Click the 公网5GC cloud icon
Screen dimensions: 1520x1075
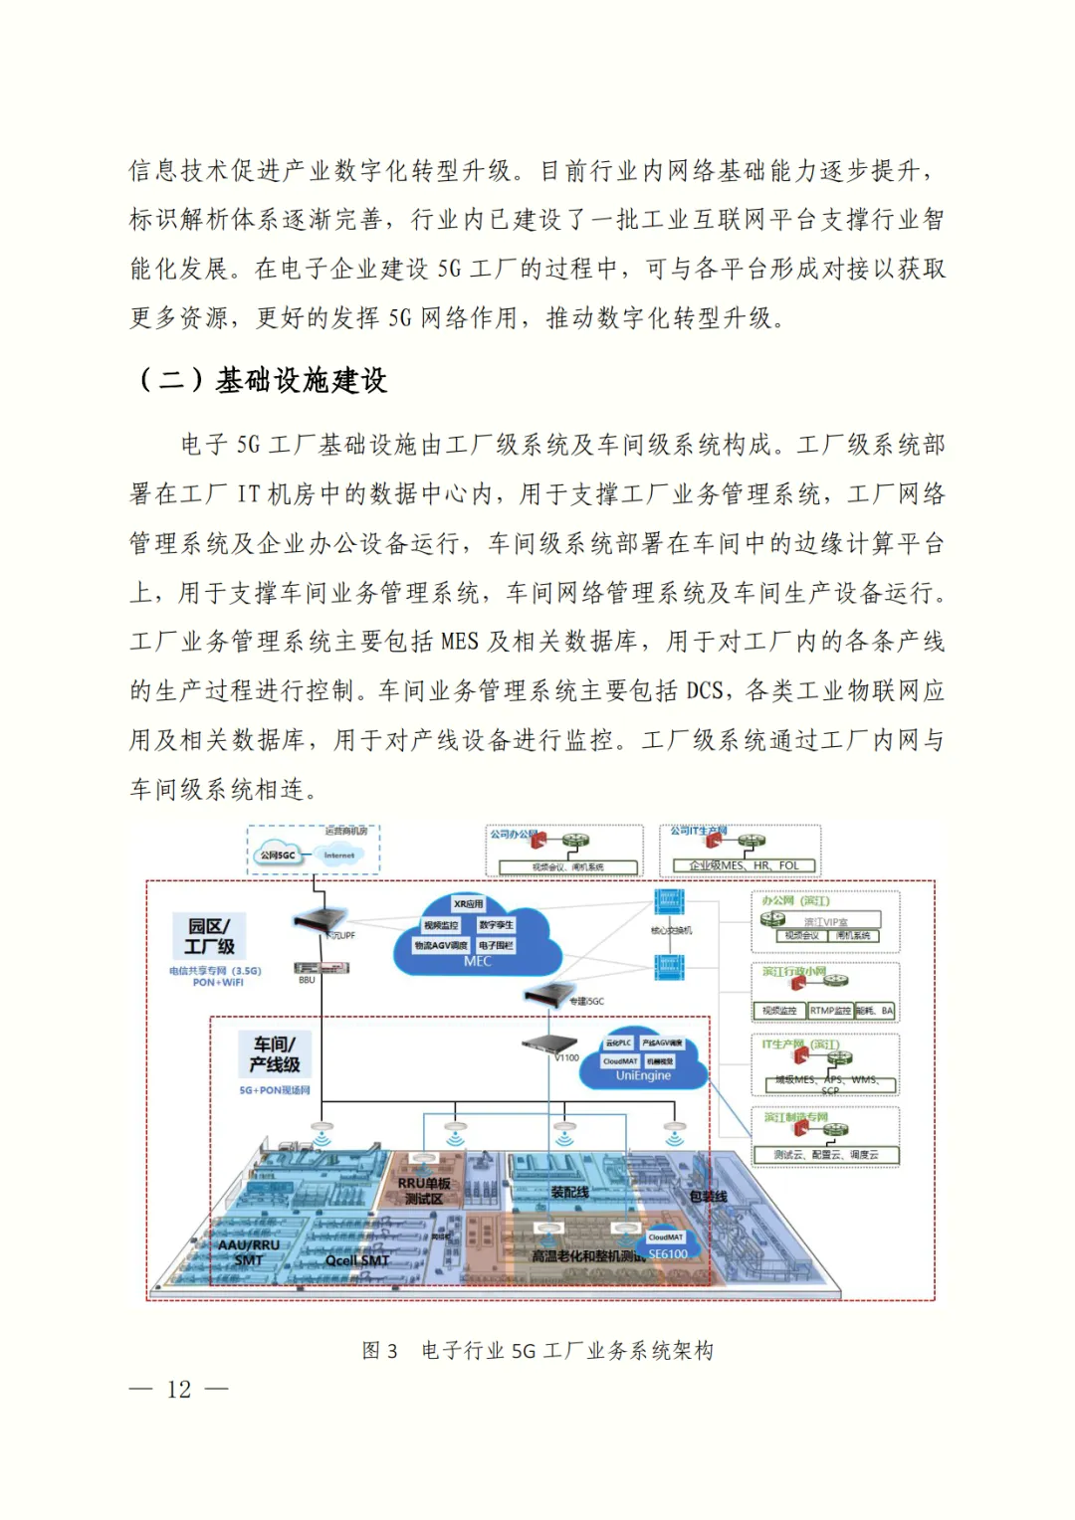click(278, 855)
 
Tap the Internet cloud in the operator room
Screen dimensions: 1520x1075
click(339, 855)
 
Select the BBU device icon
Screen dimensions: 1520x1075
click(307, 968)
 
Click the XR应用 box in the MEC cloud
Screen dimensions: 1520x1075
click(468, 904)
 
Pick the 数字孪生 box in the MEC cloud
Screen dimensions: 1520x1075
click(496, 925)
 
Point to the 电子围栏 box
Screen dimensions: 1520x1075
click(495, 945)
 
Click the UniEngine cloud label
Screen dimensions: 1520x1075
click(643, 1075)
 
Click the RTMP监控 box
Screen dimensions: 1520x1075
click(829, 1011)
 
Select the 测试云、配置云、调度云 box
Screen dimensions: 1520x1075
click(826, 1155)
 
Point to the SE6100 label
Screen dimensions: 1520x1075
click(667, 1254)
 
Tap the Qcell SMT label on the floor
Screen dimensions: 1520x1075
click(357, 1260)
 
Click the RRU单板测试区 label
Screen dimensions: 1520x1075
click(424, 1191)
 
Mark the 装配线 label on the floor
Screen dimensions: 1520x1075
click(569, 1192)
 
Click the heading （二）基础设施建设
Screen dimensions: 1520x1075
click(261, 380)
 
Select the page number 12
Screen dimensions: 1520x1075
click(179, 1390)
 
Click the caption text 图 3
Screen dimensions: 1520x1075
click(379, 1351)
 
